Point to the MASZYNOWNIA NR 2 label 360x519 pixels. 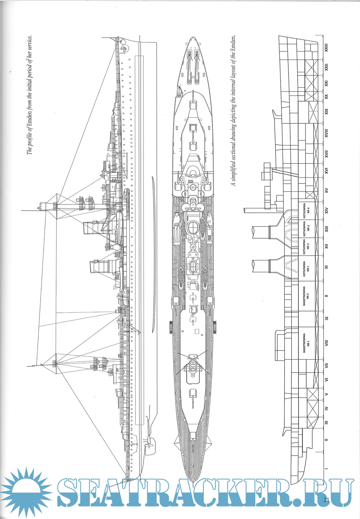pyautogui.click(x=306, y=296)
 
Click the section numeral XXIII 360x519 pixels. pyautogui.click(x=326, y=48)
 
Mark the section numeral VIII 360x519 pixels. pyautogui.click(x=326, y=343)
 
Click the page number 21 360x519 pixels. pyautogui.click(x=327, y=500)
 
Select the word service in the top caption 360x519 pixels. pyautogui.click(x=29, y=44)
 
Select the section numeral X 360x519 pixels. pyautogui.click(x=326, y=296)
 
